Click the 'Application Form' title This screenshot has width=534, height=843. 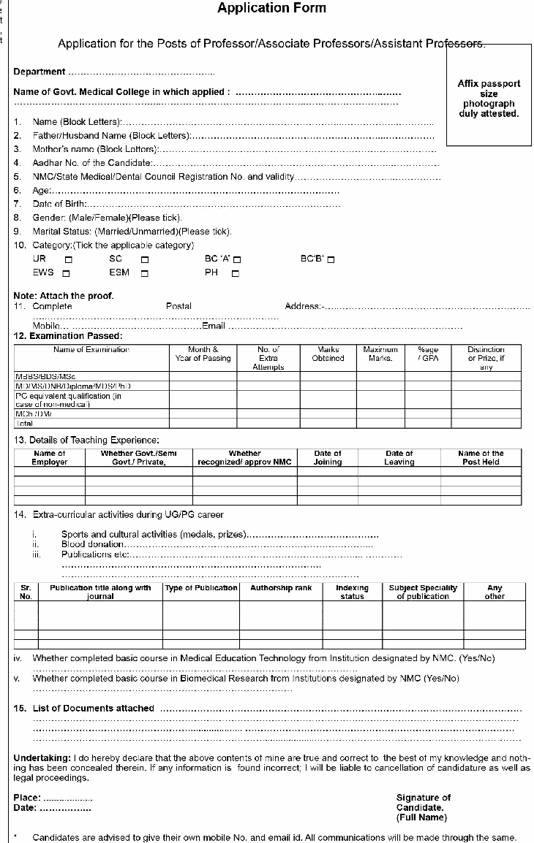pyautogui.click(x=271, y=9)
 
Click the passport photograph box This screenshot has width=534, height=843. pyautogui.click(x=489, y=94)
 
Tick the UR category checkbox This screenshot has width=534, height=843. pyautogui.click(x=69, y=259)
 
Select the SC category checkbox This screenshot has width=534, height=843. pyautogui.click(x=145, y=259)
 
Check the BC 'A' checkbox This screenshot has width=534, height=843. pyautogui.click(x=238, y=259)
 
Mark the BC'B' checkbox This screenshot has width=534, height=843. pyautogui.click(x=331, y=259)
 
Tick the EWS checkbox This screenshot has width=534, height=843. pyautogui.click(x=67, y=274)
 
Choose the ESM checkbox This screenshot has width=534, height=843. pyautogui.click(x=145, y=274)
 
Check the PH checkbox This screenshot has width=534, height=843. pyautogui.click(x=236, y=274)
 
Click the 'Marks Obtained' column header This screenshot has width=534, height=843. pyautogui.click(x=328, y=354)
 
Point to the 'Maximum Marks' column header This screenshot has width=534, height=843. pyautogui.click(x=380, y=354)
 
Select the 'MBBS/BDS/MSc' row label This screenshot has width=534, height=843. pyautogui.click(x=45, y=376)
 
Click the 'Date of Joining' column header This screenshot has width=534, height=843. pyautogui.click(x=328, y=458)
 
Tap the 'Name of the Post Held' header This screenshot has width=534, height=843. pyautogui.click(x=481, y=458)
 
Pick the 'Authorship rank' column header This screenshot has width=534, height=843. pyautogui.click(x=281, y=588)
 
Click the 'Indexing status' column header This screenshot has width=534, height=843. pyautogui.click(x=353, y=592)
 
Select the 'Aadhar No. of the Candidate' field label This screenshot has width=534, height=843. pyautogui.click(x=92, y=163)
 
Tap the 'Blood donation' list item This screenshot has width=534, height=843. pyautogui.click(x=93, y=545)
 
